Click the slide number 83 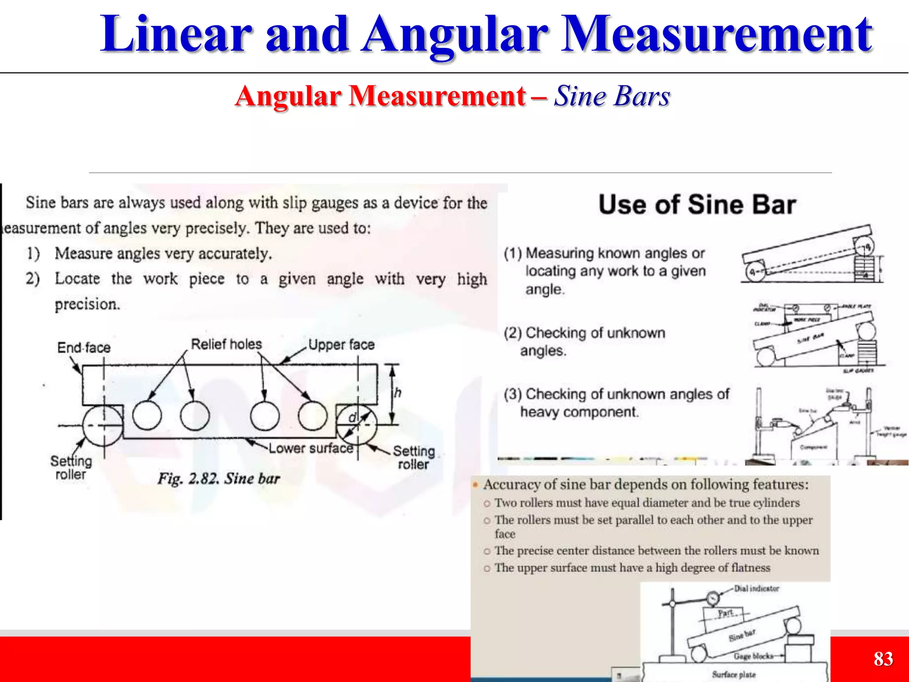883,659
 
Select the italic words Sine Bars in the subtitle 612,96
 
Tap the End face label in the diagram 84,348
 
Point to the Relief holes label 226,344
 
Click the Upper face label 341,345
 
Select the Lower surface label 311,448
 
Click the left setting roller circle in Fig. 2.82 103,425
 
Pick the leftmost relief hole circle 147,415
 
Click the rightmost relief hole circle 312,415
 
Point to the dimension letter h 398,393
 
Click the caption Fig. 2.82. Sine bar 219,479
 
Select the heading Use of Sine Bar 697,205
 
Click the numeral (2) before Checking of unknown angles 513,333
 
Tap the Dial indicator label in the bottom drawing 756,589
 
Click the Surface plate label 734,674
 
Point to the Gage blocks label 753,656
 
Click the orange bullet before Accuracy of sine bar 475,484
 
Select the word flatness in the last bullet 750,568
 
